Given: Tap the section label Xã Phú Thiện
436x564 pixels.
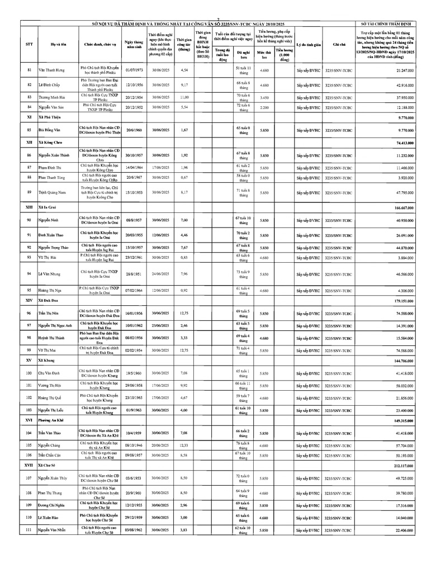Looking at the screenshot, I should pyautogui.click(x=49, y=118).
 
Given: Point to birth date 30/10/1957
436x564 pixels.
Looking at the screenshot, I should pyautogui.click(x=134, y=155).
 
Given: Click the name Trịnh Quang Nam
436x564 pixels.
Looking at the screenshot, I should pyautogui.click(x=51, y=192).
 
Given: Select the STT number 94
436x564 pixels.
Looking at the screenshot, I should pyautogui.click(x=29, y=274).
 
